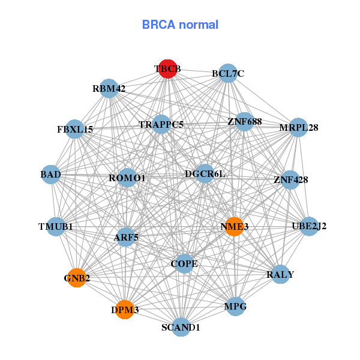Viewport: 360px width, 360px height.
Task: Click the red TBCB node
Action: click(x=167, y=69)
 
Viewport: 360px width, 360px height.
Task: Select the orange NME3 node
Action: click(x=234, y=226)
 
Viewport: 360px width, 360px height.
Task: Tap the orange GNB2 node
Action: click(x=76, y=278)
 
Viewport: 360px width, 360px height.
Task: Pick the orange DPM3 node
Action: click(x=124, y=310)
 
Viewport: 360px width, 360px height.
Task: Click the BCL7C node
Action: click(x=228, y=74)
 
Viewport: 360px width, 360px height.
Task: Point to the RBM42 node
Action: click(x=109, y=89)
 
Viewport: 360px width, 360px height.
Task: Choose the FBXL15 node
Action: click(x=75, y=129)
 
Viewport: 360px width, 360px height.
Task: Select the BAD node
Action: click(x=51, y=175)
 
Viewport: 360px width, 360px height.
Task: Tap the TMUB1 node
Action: click(x=55, y=227)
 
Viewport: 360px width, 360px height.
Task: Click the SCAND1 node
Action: click(x=181, y=328)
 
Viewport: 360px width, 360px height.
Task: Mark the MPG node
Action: click(x=235, y=306)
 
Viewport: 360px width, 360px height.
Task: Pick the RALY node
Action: click(x=280, y=274)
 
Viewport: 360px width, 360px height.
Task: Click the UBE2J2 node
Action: click(x=309, y=226)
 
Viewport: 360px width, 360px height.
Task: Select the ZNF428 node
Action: click(x=290, y=179)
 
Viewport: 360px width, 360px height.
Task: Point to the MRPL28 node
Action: click(x=298, y=128)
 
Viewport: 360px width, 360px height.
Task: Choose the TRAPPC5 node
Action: click(x=161, y=125)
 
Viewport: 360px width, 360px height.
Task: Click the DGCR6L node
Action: click(x=205, y=174)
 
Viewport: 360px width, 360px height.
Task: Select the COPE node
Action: click(x=184, y=263)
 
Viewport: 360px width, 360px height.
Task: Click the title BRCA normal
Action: click(x=180, y=25)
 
